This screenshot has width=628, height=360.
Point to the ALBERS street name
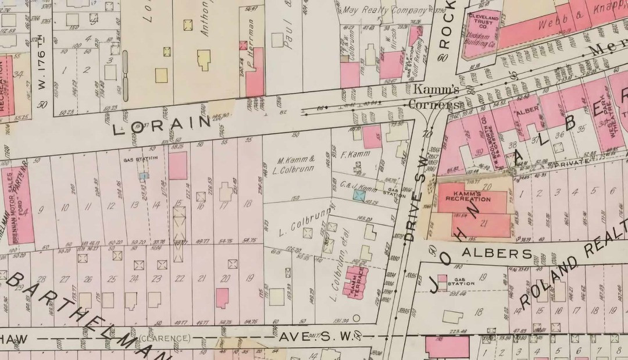(497, 254)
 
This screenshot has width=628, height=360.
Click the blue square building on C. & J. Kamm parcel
(359, 197)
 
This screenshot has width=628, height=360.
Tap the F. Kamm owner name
(356, 155)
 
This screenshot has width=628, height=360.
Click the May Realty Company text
(377, 10)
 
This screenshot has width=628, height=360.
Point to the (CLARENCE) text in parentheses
(166, 338)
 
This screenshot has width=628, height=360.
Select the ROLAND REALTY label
(573, 265)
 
